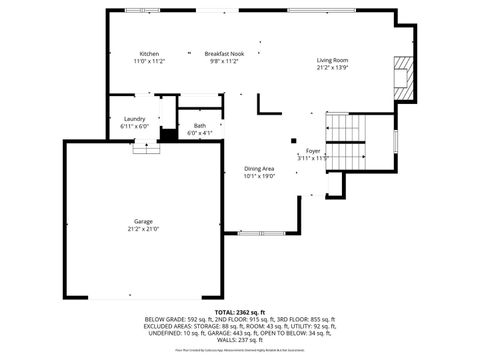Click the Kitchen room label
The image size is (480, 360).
tap(150, 53)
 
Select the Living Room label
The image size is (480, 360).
tap(332, 61)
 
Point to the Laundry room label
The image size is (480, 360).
tap(134, 119)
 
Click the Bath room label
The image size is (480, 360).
tap(200, 125)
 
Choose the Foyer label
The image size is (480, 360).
tap(313, 151)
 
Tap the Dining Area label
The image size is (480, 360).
tap(259, 169)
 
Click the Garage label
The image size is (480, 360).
tap(145, 221)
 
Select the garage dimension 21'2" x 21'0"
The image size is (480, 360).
tap(145, 229)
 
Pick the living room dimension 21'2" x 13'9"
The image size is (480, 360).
tap(332, 69)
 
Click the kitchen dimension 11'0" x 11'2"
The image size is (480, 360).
tap(150, 61)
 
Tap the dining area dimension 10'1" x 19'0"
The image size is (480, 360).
tap(259, 177)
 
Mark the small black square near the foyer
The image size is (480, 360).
tap(294, 141)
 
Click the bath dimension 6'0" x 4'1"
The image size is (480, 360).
tap(200, 133)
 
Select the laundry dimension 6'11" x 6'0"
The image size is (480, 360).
tap(134, 127)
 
